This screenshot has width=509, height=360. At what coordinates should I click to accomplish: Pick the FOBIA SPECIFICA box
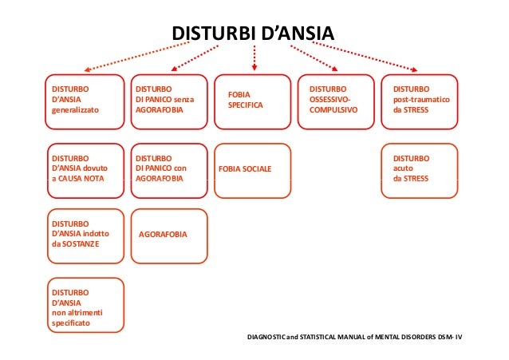click(x=251, y=101)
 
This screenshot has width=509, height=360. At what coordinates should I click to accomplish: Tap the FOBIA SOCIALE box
click(x=251, y=169)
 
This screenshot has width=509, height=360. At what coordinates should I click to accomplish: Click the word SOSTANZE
click(x=81, y=243)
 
